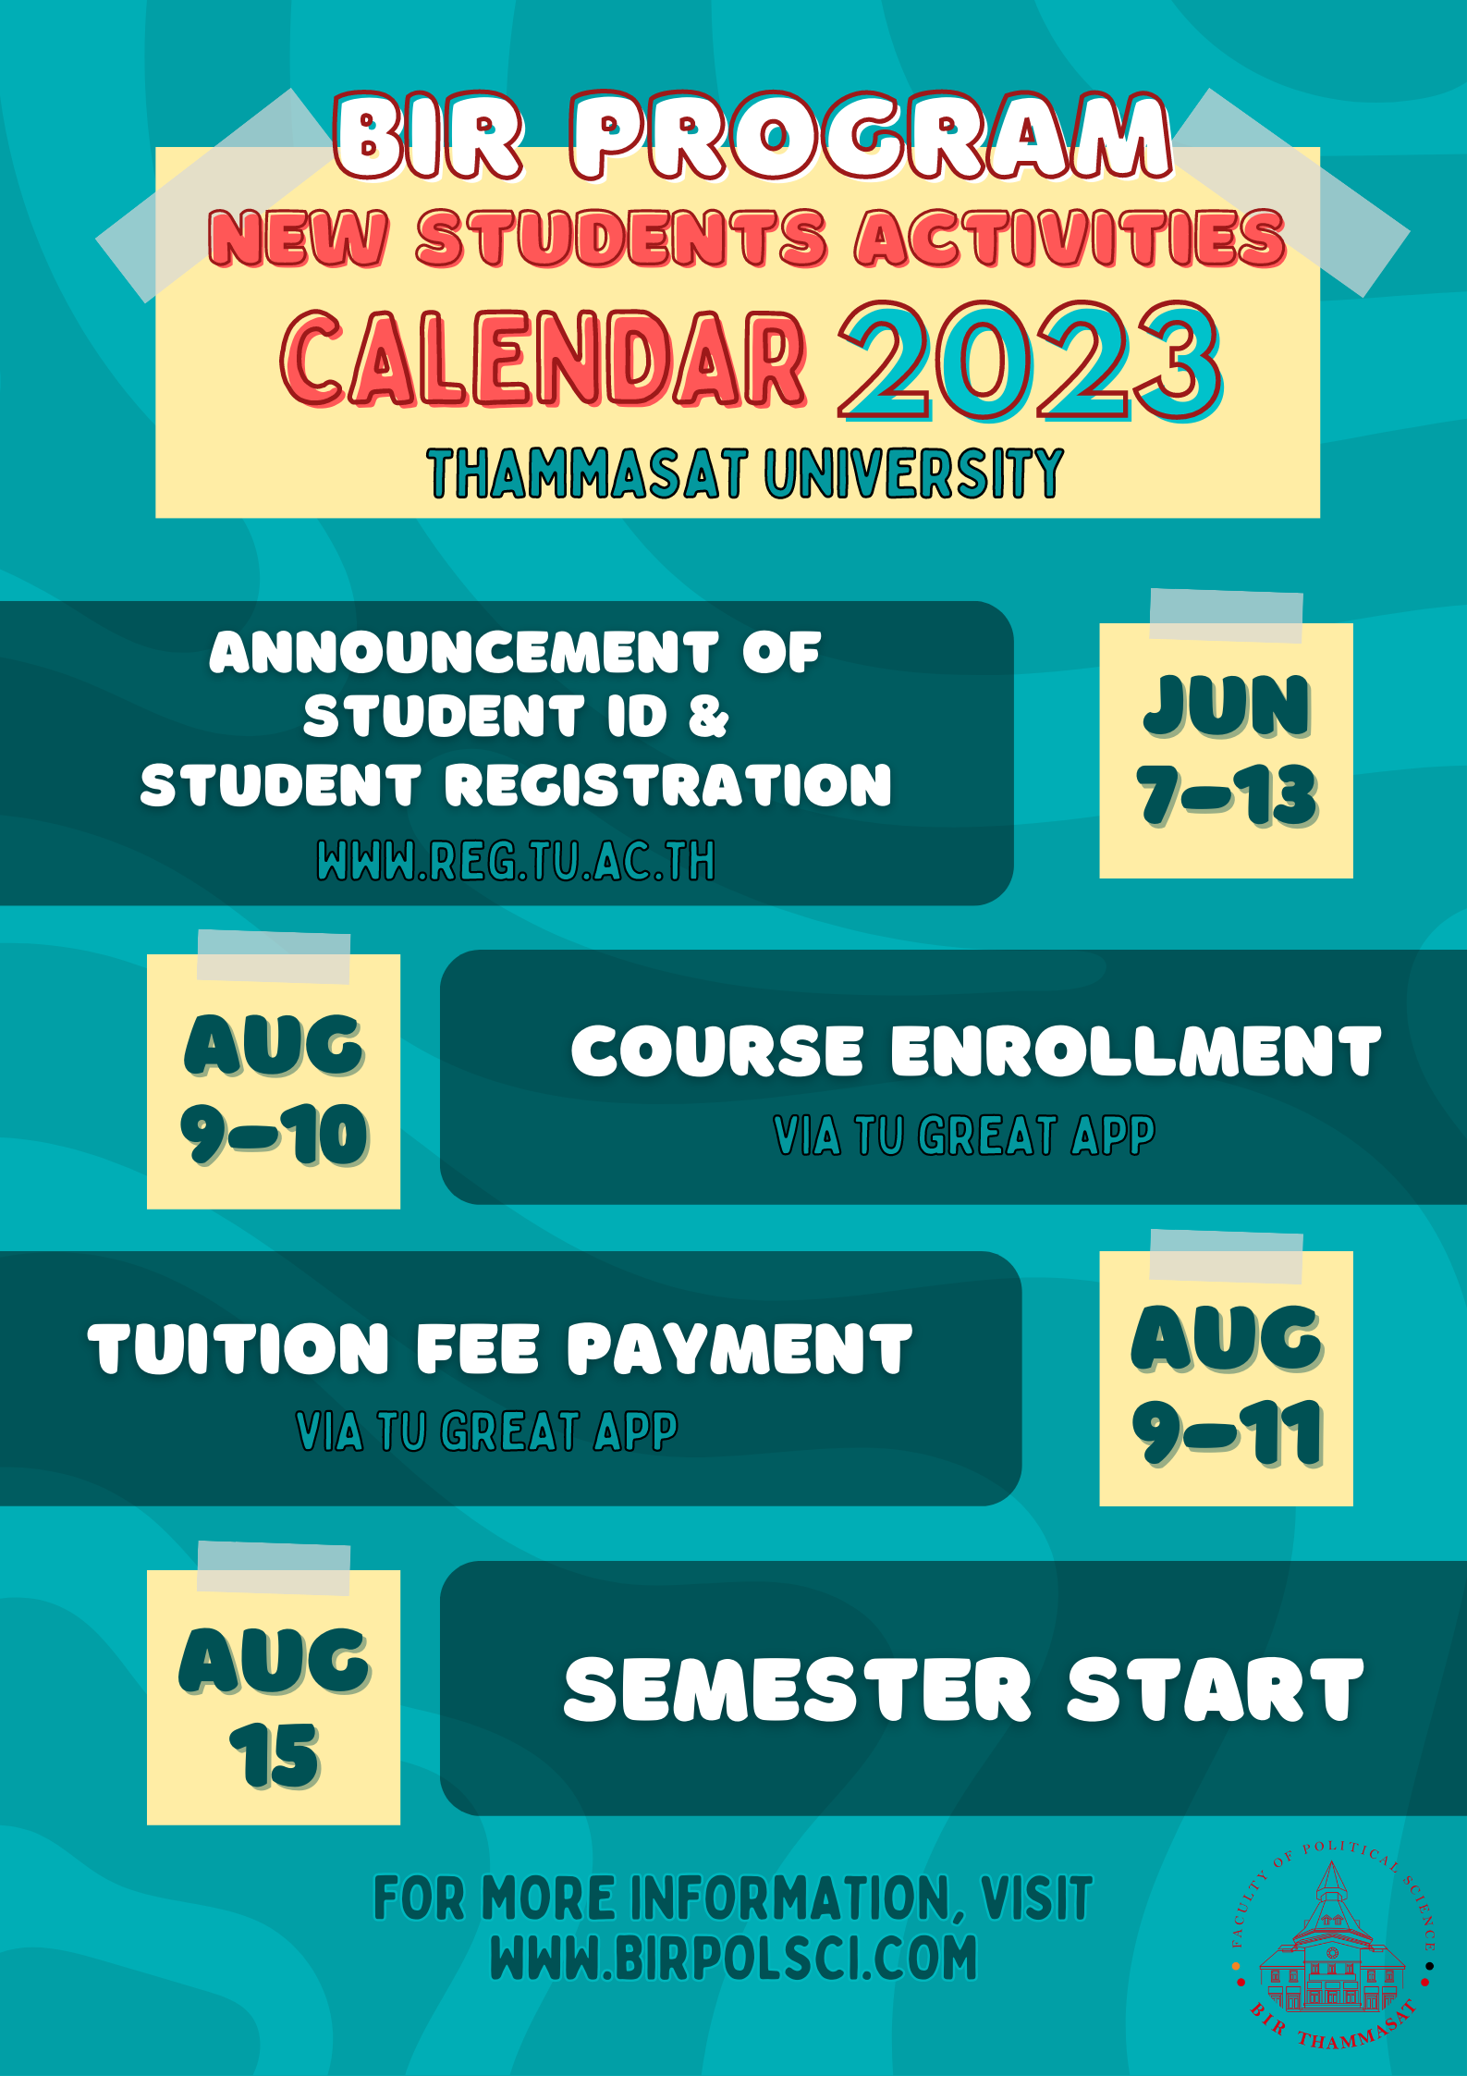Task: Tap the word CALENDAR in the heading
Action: pos(544,359)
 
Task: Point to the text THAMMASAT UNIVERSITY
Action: pos(745,473)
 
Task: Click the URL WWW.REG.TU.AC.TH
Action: pos(516,861)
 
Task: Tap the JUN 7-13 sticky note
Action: pos(1226,750)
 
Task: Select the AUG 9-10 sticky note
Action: pos(274,1081)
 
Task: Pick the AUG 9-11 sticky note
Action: pos(1226,1379)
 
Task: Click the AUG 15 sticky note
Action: pos(274,1697)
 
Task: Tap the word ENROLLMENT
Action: pos(1136,1051)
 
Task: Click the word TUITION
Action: pos(239,1348)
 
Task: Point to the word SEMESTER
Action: pos(798,1689)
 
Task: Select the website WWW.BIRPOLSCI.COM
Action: pos(733,1958)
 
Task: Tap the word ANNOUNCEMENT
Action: pos(464,652)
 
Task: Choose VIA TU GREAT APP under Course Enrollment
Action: pos(964,1136)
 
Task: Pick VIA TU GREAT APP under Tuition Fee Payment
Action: pos(487,1431)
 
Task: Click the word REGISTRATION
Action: pos(669,785)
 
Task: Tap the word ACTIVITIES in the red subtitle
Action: pos(1070,239)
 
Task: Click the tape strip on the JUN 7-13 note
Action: pos(1226,616)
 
